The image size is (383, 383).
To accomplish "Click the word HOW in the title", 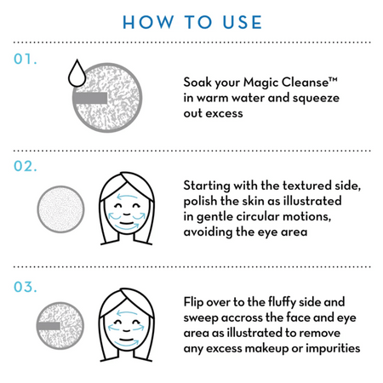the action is point(148,22).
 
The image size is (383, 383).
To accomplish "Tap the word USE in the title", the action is point(243,22).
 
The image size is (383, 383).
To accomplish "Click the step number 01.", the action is point(26,59).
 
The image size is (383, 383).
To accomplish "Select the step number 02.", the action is point(26,166).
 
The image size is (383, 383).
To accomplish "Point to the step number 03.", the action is point(26,287).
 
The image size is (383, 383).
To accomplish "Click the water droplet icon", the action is point(77,73).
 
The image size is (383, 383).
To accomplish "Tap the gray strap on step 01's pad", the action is point(90,98).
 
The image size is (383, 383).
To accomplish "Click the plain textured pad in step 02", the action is point(60,209).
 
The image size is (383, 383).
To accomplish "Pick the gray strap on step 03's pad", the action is point(49,326).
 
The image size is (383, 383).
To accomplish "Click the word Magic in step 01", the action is point(261,83).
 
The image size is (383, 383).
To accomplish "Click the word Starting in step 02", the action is point(207,186).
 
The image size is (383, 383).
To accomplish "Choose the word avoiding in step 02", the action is point(208,232).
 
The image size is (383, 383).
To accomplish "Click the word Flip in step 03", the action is point(193,302).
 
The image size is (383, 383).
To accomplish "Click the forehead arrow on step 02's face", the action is point(128,197).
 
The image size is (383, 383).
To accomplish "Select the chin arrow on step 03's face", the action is point(127,345).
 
